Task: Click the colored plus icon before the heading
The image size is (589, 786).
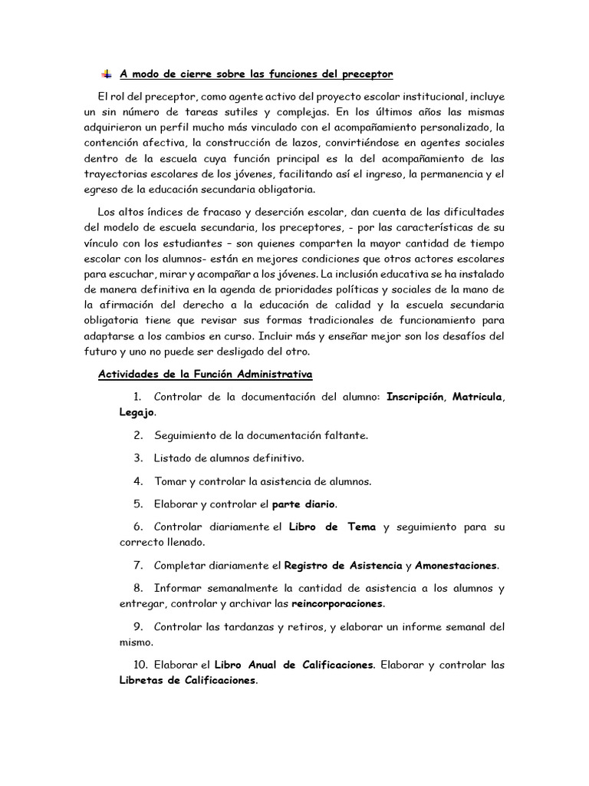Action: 106,74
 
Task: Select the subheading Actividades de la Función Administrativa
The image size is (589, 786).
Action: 206,374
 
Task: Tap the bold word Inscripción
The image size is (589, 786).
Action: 416,397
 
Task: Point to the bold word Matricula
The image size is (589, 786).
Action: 477,397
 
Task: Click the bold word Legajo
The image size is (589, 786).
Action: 137,412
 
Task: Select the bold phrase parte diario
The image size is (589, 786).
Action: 304,504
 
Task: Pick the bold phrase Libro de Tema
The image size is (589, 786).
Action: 332,527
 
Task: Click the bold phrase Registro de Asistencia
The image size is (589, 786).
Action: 344,566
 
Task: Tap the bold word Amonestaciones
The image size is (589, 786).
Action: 456,566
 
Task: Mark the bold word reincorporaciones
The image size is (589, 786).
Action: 337,603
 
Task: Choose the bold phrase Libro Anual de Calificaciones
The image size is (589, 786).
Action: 294,665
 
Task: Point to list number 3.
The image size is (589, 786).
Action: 138,458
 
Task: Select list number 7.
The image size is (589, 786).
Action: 138,566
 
